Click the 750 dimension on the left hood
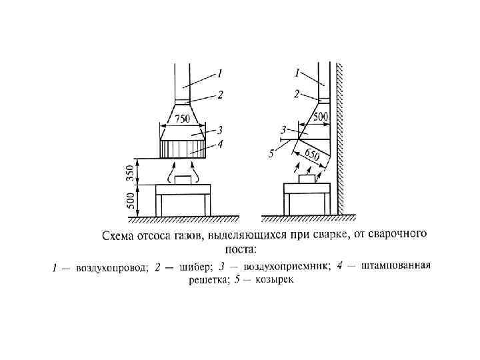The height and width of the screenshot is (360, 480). click(x=181, y=119)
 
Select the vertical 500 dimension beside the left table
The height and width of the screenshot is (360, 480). click(x=130, y=199)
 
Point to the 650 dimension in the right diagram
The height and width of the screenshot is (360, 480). click(x=311, y=157)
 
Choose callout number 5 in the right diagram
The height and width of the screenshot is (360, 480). click(x=271, y=154)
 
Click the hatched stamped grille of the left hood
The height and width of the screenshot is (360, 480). click(x=183, y=148)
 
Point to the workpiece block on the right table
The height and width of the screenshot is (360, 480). click(x=307, y=179)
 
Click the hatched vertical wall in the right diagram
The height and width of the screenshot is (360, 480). click(x=340, y=140)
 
